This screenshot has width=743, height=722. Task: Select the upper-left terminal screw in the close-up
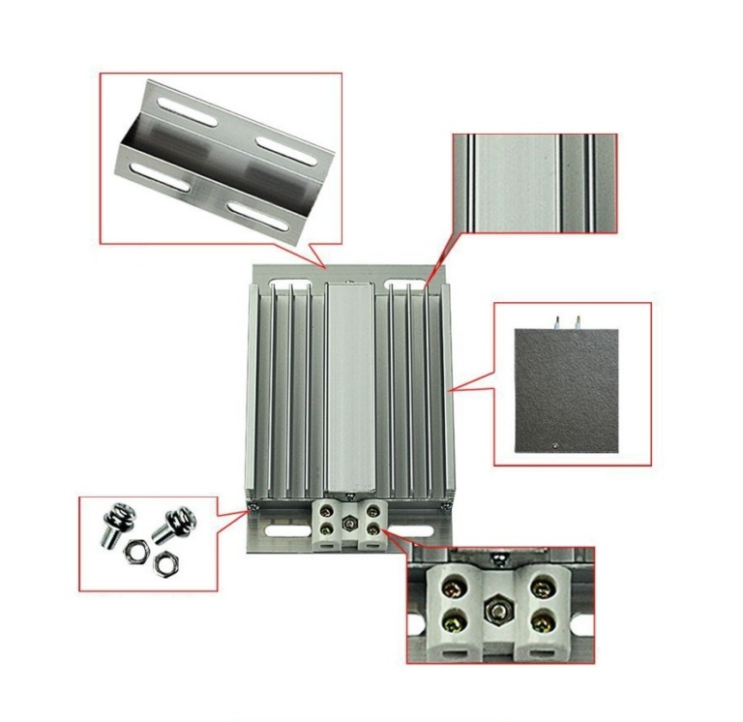(451, 587)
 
